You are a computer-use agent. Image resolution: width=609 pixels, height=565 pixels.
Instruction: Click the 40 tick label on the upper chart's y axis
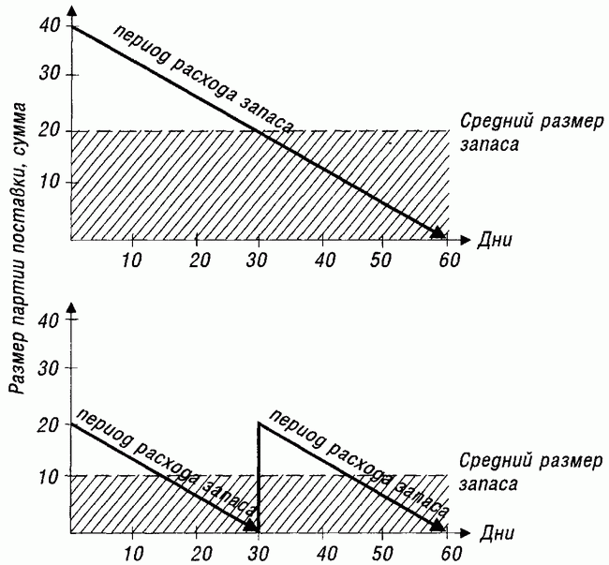pos(50,26)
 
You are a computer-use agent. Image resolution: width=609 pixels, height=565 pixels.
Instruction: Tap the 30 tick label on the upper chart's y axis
pos(50,75)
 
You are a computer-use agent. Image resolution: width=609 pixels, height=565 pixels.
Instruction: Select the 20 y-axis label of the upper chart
pos(50,131)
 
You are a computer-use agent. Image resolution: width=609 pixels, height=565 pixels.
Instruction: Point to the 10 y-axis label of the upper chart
pos(51,183)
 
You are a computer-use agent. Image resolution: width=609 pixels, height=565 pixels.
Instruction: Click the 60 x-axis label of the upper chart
pos(450,260)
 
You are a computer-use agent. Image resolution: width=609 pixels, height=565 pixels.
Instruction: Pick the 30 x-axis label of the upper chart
pos(257,260)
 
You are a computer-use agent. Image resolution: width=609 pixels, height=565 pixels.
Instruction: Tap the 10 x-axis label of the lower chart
pos(132,553)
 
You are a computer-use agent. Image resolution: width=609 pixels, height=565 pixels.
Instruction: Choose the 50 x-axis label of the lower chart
pos(380,553)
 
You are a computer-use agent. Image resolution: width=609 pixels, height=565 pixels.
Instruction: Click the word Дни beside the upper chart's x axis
pos(495,240)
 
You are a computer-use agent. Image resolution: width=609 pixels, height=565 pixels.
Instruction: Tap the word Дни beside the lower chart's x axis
pos(497,533)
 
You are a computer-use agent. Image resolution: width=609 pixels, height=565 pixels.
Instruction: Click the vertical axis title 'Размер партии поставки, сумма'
pos(17,248)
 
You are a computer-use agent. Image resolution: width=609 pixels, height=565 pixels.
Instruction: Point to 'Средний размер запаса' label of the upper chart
pos(531,133)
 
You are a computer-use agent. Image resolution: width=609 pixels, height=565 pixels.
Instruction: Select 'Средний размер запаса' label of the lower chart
pos(530,472)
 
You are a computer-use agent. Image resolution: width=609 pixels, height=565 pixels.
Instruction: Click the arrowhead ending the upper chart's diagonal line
pos(438,232)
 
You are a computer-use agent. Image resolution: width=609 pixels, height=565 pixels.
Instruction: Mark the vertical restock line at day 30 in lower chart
pos(259,477)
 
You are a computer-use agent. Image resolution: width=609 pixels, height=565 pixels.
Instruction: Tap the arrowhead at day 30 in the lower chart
pos(252,526)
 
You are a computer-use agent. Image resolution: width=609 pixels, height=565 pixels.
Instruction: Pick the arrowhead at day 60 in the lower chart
pos(438,525)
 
